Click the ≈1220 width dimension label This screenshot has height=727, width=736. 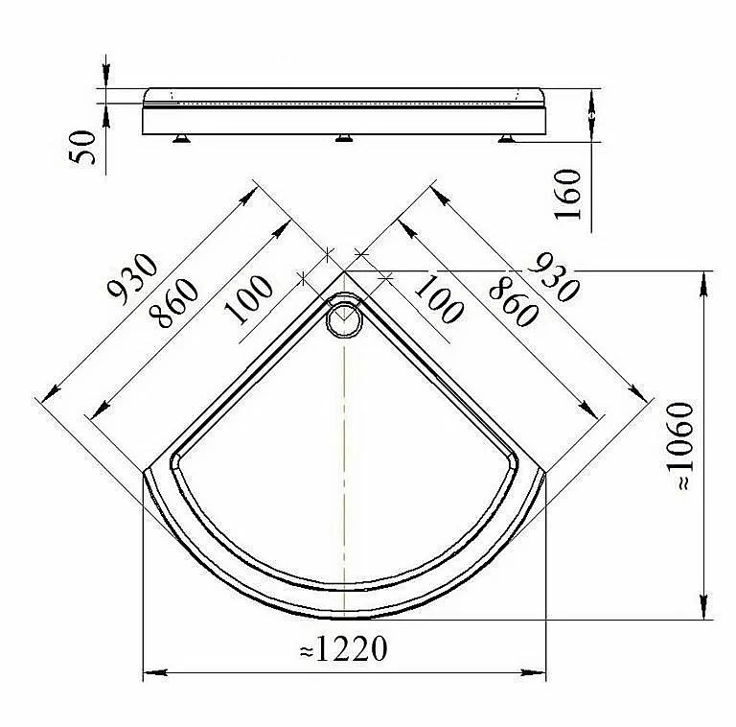pyautogui.click(x=344, y=649)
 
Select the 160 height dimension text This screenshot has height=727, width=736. pyautogui.click(x=567, y=194)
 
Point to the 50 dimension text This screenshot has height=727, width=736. pyautogui.click(x=82, y=147)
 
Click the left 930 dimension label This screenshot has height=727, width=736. pyautogui.click(x=133, y=278)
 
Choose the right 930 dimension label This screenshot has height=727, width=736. pyautogui.click(x=553, y=277)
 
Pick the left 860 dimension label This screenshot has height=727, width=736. pyautogui.click(x=173, y=303)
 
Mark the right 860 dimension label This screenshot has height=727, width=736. pyautogui.click(x=513, y=301)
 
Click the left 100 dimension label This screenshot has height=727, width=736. pyautogui.click(x=249, y=299)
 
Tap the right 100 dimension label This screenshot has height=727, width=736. pyautogui.click(x=439, y=299)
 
